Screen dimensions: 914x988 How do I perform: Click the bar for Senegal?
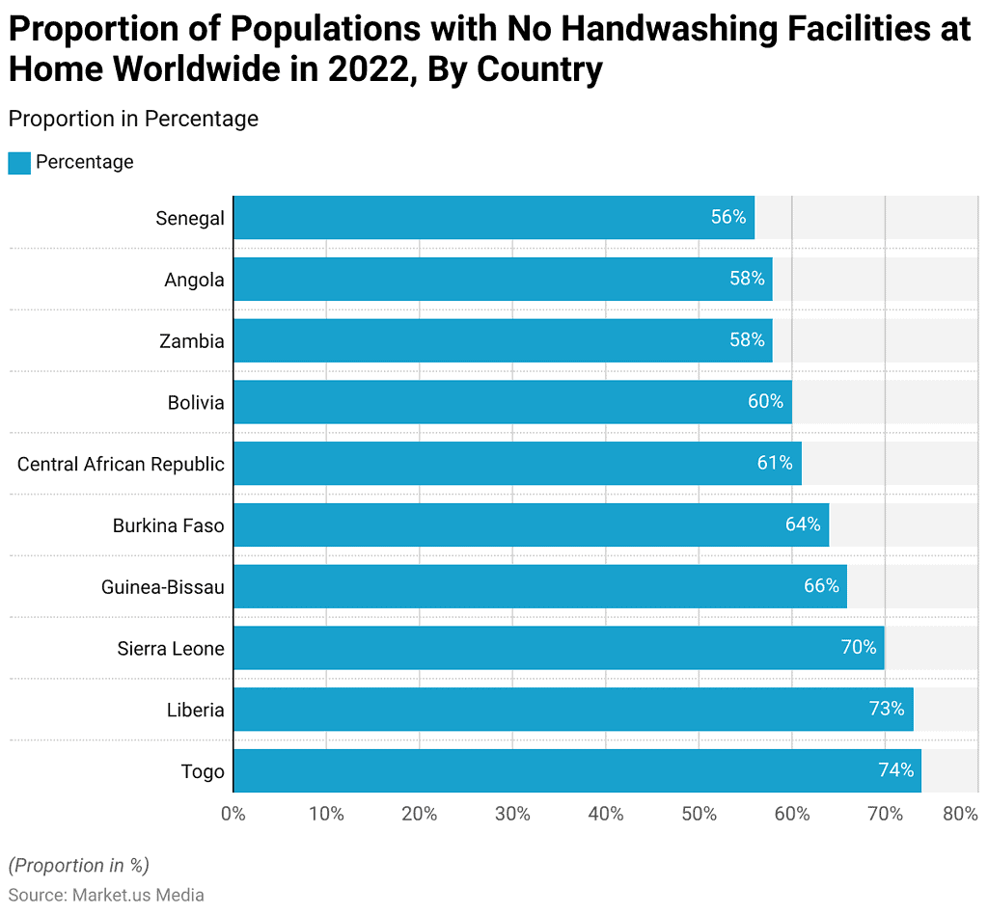tap(493, 218)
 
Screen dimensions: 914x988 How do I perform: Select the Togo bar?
tap(577, 770)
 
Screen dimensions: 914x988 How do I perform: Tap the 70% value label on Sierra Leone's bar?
tap(859, 648)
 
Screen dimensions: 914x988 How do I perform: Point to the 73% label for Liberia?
tap(886, 710)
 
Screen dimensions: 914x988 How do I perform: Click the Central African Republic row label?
tap(121, 464)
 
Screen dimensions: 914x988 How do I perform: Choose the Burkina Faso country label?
tap(168, 525)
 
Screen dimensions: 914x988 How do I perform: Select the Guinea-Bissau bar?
tap(539, 586)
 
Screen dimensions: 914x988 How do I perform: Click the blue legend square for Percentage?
tap(19, 162)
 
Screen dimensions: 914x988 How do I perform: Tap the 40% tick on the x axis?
tap(605, 814)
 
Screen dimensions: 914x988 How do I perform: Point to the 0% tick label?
tap(233, 814)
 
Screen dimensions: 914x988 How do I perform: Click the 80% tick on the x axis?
tap(960, 814)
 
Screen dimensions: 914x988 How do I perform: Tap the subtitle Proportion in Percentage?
tap(133, 119)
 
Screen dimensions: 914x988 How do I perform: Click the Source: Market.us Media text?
tap(106, 895)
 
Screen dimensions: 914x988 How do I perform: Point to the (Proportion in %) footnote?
tap(79, 865)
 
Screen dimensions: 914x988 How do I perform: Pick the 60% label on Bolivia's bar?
tap(765, 402)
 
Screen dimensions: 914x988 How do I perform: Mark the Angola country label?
tap(194, 280)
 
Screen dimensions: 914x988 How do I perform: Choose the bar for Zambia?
tap(502, 340)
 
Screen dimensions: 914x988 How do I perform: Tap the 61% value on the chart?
tap(775, 464)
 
